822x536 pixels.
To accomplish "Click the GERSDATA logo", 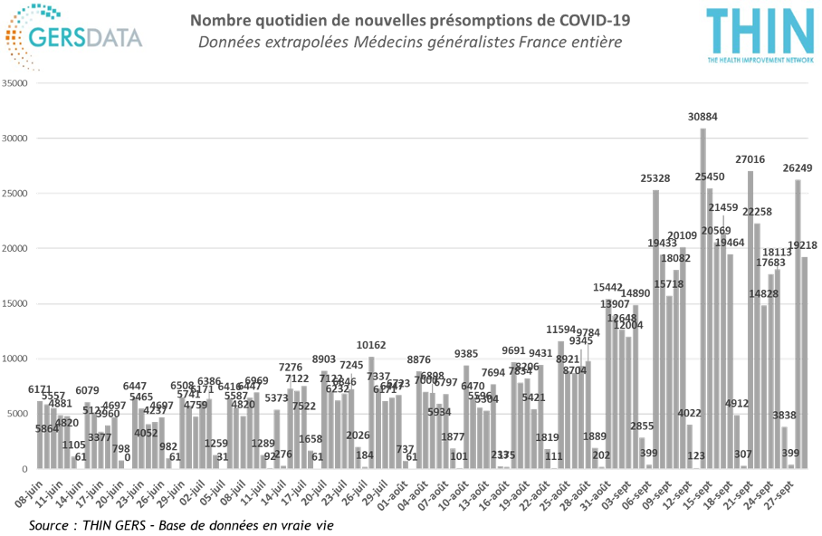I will point(75,37).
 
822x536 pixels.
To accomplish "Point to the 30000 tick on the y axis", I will point(17,139).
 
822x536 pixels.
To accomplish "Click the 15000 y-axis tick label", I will point(17,303).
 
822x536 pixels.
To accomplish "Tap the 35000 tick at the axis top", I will point(17,83).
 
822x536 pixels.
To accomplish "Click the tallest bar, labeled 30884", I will point(703,299).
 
